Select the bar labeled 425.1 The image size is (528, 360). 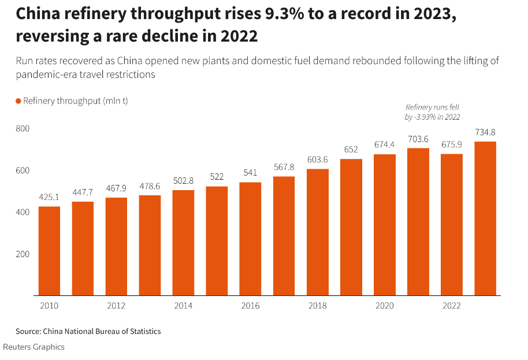click(49, 251)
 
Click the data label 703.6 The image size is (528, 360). click(418, 139)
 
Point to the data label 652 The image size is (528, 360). click(351, 149)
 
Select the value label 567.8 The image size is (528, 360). click(284, 167)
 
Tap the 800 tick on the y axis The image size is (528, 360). click(23, 128)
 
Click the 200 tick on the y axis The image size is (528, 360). click(23, 254)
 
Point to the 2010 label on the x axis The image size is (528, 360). click(49, 306)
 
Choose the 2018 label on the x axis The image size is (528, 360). click(317, 306)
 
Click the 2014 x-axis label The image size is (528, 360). click(183, 306)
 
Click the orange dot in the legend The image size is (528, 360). click(18, 101)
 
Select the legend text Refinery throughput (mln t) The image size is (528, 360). click(75, 101)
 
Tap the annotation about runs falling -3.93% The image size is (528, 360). click(433, 112)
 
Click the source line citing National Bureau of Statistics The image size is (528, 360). click(88, 331)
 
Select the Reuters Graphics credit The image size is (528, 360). click(34, 347)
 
